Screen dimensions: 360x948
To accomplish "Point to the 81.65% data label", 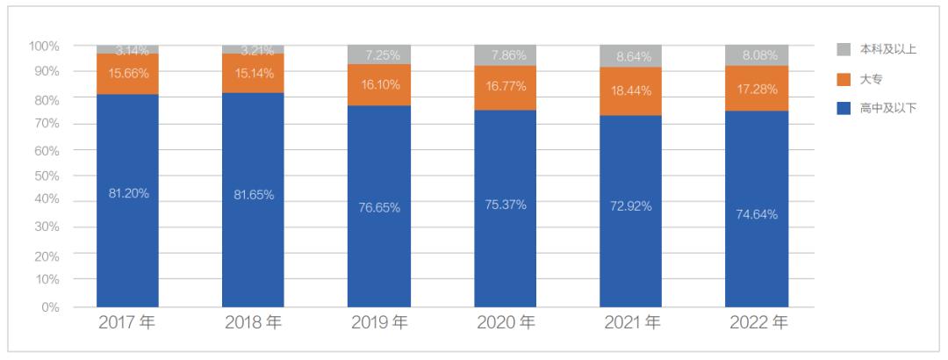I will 253,195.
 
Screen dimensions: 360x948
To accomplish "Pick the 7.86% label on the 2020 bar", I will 505,55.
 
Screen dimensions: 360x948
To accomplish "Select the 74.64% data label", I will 756,213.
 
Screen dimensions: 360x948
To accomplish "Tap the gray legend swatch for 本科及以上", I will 843,49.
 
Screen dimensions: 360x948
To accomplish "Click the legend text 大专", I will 872,80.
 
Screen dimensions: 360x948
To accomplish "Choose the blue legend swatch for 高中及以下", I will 843,109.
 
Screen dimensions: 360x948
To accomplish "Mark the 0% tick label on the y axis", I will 51,307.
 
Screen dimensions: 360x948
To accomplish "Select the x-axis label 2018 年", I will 253,323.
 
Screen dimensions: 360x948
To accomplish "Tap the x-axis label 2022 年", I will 758,323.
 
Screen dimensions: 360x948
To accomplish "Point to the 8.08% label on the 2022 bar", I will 756,55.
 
